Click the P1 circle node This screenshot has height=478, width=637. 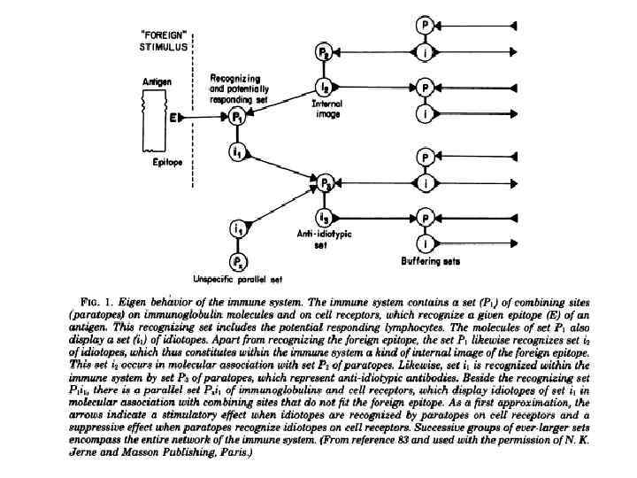click(236, 116)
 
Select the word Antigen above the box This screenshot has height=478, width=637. click(156, 81)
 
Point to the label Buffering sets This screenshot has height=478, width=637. click(424, 262)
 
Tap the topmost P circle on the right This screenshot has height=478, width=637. click(426, 26)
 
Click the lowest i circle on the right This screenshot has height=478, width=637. click(426, 243)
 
